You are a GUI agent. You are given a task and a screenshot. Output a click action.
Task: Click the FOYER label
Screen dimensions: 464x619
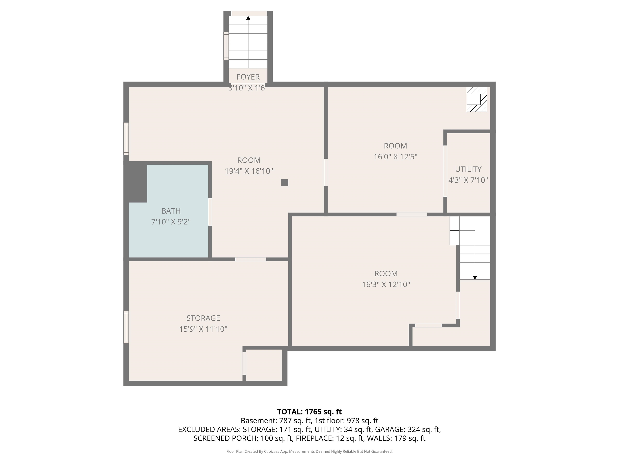point(248,77)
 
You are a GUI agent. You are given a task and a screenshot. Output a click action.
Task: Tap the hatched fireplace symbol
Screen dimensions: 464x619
point(477,99)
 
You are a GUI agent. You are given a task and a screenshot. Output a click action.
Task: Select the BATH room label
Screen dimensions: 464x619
point(171,211)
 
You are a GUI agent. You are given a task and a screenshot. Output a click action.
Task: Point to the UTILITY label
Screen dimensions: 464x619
point(468,169)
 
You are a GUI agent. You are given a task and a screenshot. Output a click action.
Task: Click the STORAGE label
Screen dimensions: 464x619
point(203,318)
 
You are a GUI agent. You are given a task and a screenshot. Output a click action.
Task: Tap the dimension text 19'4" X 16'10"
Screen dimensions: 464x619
point(249,171)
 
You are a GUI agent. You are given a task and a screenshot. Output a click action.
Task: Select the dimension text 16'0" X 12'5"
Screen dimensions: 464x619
point(395,157)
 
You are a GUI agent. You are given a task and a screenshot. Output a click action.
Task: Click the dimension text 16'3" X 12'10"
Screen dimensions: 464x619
point(386,284)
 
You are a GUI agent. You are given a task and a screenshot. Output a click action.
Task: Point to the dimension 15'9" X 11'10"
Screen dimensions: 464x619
point(203,329)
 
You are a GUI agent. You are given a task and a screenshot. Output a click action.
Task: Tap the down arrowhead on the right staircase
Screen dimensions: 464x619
point(475,278)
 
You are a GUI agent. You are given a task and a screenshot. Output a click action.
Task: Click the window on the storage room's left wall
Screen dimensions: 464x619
point(126,327)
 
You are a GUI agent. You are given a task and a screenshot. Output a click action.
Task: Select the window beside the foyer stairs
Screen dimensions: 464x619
point(226,46)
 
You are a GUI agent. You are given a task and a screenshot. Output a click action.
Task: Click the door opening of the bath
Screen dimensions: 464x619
point(210,212)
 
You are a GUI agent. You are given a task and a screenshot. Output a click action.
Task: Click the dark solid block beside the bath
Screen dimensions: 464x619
point(136,182)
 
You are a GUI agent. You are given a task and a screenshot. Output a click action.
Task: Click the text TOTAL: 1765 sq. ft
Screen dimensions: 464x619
point(309,412)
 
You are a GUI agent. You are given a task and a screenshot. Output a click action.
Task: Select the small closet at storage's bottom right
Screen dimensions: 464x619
point(264,365)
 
